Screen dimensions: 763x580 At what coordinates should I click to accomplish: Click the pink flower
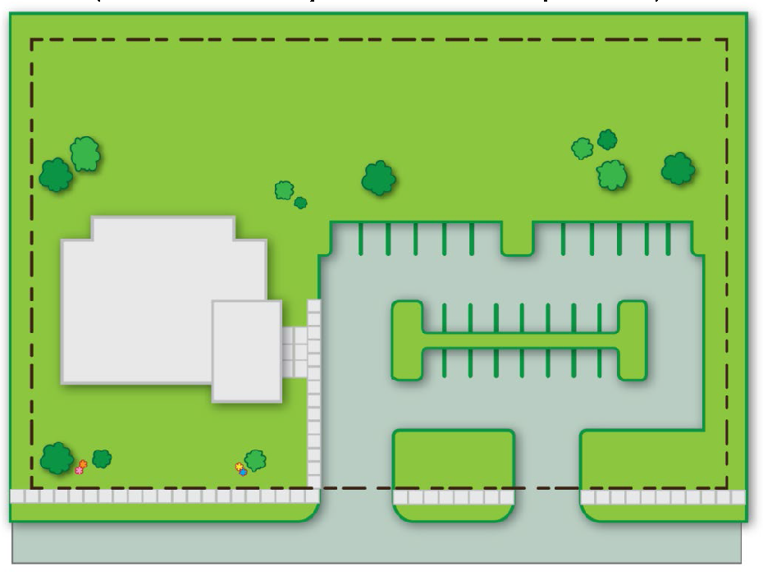[x=80, y=471]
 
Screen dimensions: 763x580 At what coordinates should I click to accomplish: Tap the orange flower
[x=83, y=464]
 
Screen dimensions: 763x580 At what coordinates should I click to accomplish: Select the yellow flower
[x=240, y=466]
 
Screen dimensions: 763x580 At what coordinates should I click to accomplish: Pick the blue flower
[x=243, y=472]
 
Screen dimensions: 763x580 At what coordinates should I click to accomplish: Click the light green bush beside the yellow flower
[x=256, y=460]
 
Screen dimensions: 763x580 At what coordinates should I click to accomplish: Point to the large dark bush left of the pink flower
[x=57, y=459]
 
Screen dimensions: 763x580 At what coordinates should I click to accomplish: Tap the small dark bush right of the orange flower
[x=102, y=459]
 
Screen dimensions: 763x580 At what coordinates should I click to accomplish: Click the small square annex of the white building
[x=247, y=351]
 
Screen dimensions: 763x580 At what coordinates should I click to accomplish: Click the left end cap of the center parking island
[x=407, y=340]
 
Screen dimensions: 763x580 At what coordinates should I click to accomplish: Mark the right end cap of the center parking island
[x=632, y=340]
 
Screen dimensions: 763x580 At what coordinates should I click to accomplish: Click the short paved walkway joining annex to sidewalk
[x=295, y=352]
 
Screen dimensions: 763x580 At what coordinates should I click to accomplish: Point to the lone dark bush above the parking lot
[x=378, y=178]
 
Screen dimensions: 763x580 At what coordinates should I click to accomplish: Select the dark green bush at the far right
[x=678, y=168]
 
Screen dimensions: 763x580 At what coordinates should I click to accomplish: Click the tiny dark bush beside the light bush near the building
[x=301, y=203]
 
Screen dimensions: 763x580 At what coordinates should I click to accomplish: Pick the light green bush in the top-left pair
[x=85, y=153]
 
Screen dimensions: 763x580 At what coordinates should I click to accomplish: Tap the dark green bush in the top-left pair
[x=56, y=175]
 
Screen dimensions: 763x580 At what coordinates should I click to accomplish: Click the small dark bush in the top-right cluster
[x=607, y=139]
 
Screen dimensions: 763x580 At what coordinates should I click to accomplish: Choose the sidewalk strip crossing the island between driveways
[x=454, y=497]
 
